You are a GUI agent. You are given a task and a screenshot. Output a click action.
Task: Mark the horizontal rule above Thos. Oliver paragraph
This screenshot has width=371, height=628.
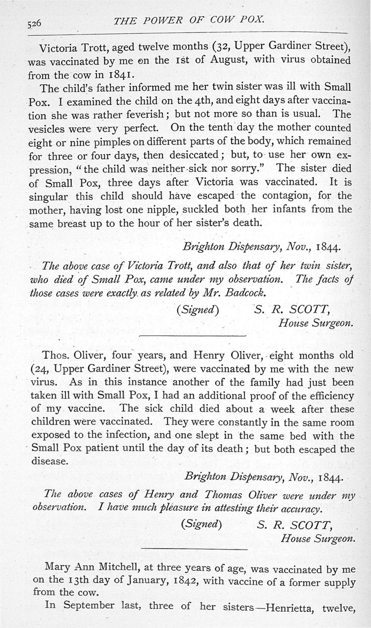point(192,335)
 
